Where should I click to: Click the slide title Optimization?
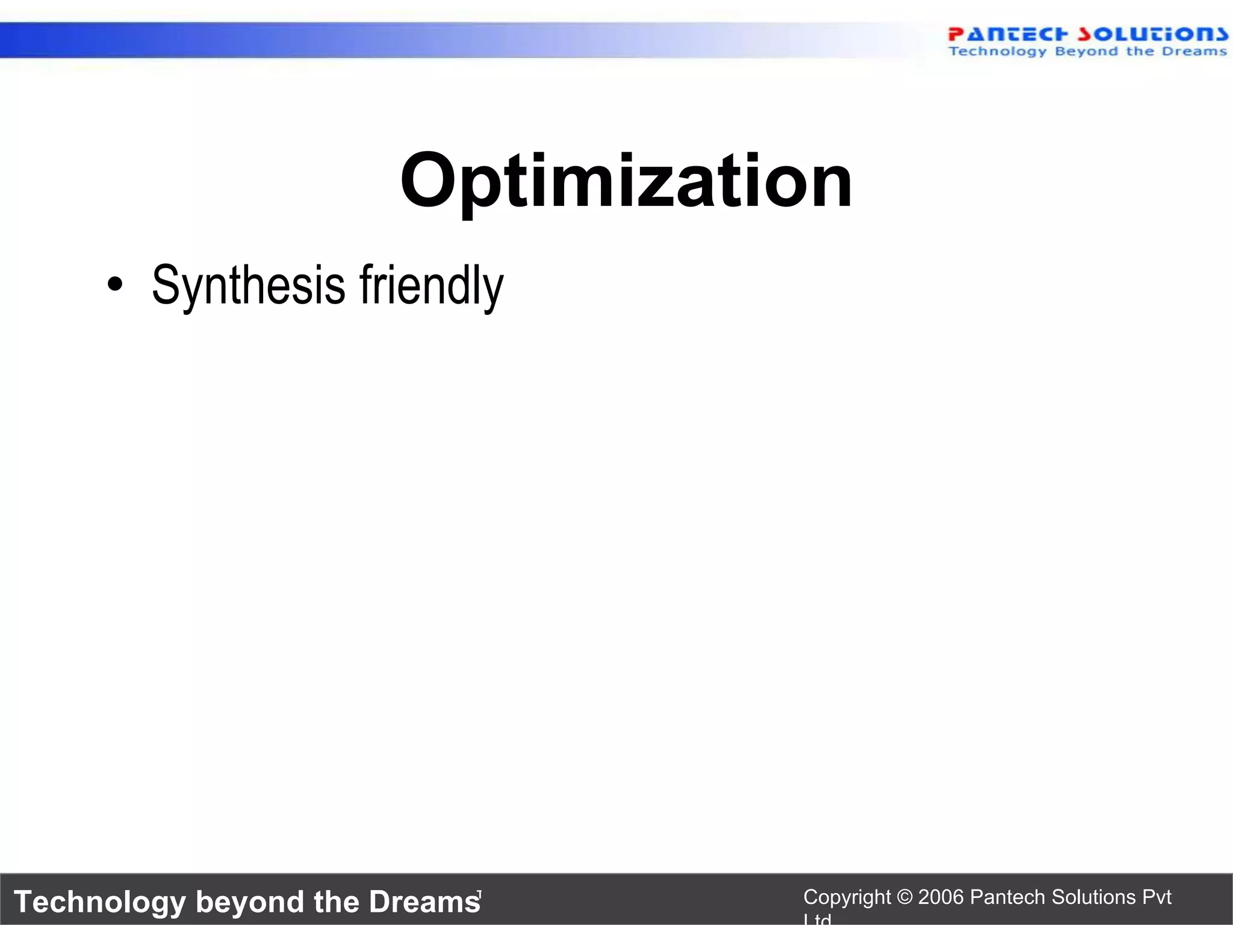point(626,181)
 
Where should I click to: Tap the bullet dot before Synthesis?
point(114,284)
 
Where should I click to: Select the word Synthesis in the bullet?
point(248,285)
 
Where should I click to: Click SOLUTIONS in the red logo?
point(1152,34)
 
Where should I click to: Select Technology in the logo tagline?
point(998,51)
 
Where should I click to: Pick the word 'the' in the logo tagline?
point(1140,51)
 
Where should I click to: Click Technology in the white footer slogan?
point(100,902)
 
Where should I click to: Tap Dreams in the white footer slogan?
point(424,902)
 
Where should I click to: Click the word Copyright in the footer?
point(846,897)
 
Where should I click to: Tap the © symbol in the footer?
point(904,897)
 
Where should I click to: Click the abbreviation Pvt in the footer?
point(1157,897)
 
